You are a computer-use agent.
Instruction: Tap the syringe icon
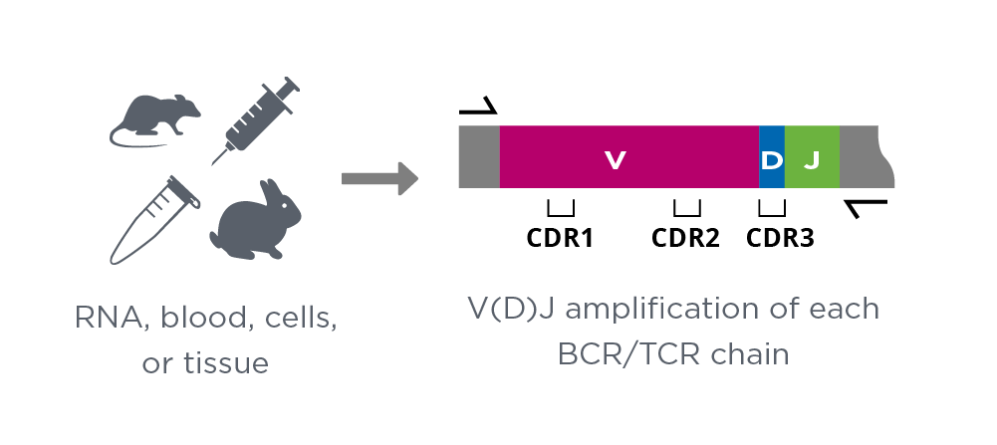click(254, 120)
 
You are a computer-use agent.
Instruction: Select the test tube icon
click(154, 220)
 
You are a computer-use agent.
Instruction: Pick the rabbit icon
click(256, 220)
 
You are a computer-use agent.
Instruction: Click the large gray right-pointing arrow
click(380, 178)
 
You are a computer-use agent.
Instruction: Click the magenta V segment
click(629, 157)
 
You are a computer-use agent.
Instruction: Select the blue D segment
click(772, 157)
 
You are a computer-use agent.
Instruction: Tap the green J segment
click(812, 157)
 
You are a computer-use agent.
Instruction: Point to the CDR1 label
click(560, 238)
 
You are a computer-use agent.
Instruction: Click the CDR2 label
click(685, 238)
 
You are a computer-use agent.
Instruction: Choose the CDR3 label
click(780, 238)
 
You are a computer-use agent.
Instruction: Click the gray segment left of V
click(479, 157)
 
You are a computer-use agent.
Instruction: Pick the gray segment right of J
click(866, 157)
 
